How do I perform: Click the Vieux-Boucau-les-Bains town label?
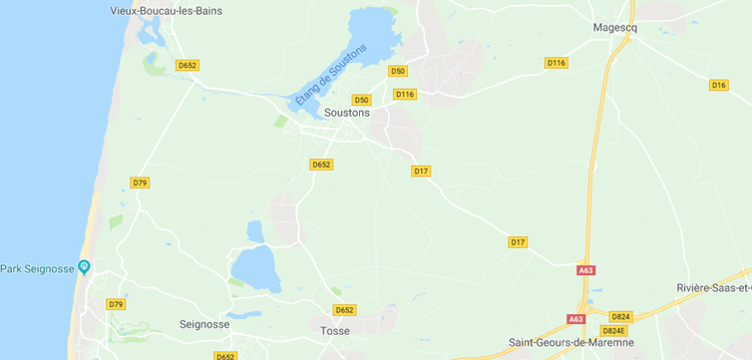166,11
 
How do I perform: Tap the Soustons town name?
347,113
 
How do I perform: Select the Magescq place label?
614,28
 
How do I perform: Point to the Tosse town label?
335,329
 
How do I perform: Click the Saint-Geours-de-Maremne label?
571,342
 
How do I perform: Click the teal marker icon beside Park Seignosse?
84,267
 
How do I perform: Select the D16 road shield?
719,85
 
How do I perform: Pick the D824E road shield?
613,330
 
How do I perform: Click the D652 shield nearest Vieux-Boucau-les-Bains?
188,66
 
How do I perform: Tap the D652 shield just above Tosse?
345,310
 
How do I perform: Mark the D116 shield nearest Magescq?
556,63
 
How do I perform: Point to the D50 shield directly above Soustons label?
361,100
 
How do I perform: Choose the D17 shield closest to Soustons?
421,172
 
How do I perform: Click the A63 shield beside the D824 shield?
576,319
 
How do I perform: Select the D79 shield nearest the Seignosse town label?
116,304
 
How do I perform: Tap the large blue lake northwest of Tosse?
255,267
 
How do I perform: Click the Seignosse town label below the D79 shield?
203,324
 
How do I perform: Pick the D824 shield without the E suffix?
620,316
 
